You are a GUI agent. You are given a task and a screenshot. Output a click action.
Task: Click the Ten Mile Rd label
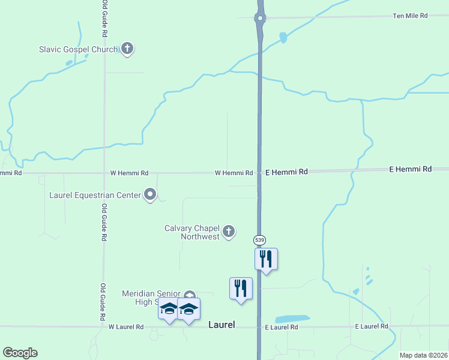(410, 16)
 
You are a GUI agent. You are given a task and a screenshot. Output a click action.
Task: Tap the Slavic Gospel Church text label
(78, 49)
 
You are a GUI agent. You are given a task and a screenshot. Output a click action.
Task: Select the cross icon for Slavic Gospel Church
(127, 49)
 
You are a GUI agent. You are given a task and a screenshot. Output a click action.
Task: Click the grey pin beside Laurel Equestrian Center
(150, 194)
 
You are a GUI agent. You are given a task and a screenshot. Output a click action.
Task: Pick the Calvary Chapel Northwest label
(192, 232)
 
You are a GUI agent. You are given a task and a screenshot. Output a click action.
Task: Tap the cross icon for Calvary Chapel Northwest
(228, 231)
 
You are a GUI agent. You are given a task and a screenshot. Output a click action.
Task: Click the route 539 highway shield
(259, 240)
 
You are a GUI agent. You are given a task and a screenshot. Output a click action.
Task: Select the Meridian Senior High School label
(151, 298)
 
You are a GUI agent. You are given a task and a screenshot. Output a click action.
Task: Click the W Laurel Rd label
(126, 327)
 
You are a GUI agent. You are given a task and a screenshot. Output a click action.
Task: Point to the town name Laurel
(221, 325)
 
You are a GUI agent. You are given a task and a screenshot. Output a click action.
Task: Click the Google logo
(20, 353)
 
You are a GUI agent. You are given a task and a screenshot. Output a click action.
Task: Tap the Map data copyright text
(423, 355)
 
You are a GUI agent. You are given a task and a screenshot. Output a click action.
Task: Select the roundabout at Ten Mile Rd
(259, 18)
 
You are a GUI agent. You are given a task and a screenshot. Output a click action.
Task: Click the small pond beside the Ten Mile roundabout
(283, 38)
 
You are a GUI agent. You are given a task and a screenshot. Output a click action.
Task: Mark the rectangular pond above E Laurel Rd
(292, 319)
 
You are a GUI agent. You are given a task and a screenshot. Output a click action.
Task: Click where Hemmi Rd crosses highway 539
(259, 172)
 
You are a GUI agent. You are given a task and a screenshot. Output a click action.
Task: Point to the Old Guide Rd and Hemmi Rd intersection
(104, 173)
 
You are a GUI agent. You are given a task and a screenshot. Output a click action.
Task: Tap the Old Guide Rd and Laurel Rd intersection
(103, 327)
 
